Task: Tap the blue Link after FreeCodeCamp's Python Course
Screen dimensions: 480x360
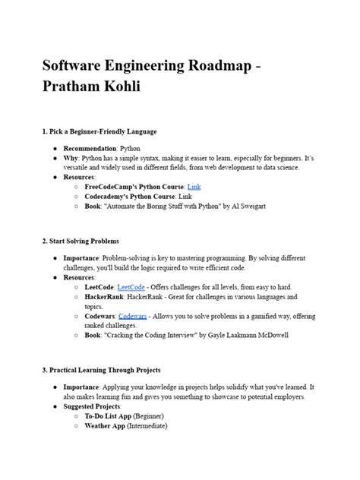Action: pos(194,185)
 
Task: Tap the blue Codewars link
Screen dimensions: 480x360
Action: pos(134,316)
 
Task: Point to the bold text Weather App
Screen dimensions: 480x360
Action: pos(110,426)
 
